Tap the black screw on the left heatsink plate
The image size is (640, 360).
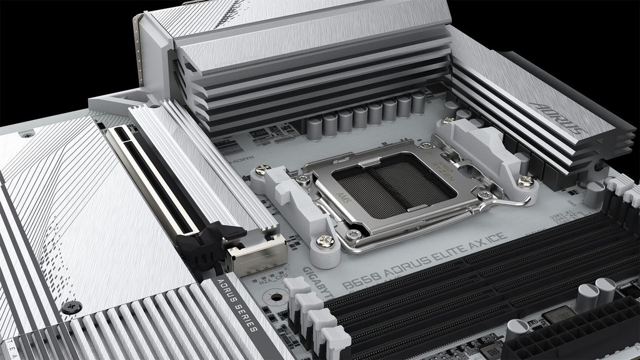click(70, 307)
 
